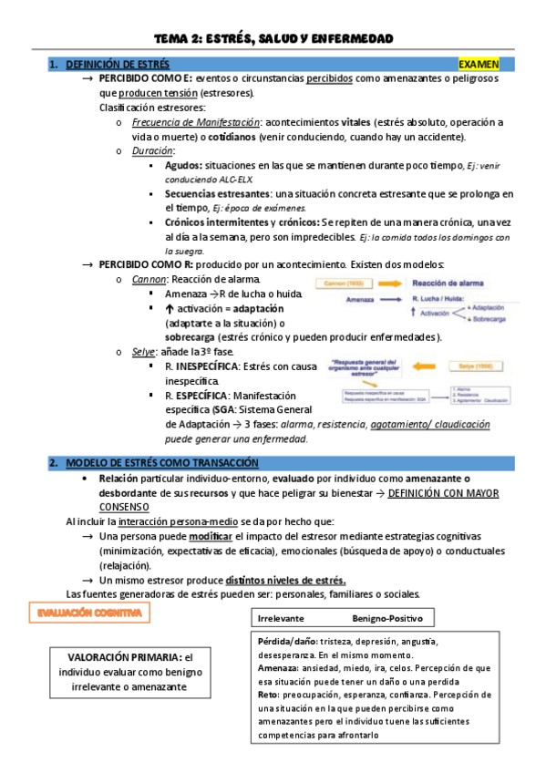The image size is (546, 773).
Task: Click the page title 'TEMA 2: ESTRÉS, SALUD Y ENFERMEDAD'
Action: tap(273, 38)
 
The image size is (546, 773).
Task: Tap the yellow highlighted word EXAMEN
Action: tap(479, 65)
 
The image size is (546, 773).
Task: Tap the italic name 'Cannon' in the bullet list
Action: tap(149, 279)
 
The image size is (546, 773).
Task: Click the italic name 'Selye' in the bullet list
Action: tap(146, 352)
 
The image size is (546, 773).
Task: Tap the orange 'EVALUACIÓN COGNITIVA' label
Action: tap(89, 614)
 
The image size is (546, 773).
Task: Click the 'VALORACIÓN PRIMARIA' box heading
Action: tap(123, 656)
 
